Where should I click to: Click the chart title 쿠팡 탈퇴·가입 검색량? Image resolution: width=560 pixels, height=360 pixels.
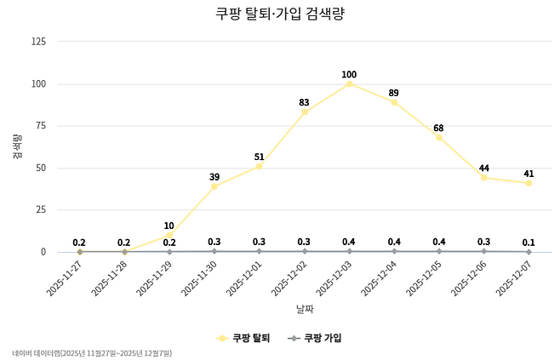pyautogui.click(x=280, y=14)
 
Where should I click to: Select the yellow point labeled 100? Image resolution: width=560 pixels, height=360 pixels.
pyautogui.click(x=349, y=84)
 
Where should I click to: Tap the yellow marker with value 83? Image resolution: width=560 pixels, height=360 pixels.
pyautogui.click(x=304, y=112)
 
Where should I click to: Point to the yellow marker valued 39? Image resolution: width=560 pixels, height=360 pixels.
pyautogui.click(x=214, y=186)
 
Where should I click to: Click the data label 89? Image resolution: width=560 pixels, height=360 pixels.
pyautogui.click(x=394, y=93)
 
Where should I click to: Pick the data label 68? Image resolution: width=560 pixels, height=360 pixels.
pyautogui.click(x=439, y=129)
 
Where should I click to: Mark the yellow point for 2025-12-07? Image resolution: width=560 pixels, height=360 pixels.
pyautogui.click(x=529, y=183)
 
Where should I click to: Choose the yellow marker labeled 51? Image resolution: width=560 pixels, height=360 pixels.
pyautogui.click(x=259, y=166)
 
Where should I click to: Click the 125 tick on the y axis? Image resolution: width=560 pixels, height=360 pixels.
pyautogui.click(x=38, y=42)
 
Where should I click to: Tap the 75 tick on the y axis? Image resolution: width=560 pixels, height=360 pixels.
pyautogui.click(x=41, y=126)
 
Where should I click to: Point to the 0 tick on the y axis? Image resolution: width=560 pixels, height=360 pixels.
pyautogui.click(x=43, y=252)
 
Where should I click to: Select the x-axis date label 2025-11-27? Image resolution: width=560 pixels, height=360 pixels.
pyautogui.click(x=66, y=277)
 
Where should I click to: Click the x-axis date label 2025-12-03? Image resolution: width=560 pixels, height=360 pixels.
pyautogui.click(x=334, y=277)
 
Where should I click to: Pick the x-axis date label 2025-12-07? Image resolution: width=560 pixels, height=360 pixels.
pyautogui.click(x=514, y=277)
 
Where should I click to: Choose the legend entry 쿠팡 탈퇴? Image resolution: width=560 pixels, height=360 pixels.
pyautogui.click(x=244, y=338)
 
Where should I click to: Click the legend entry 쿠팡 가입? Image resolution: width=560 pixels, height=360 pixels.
pyautogui.click(x=316, y=338)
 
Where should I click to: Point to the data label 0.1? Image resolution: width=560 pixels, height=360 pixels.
pyautogui.click(x=529, y=242)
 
